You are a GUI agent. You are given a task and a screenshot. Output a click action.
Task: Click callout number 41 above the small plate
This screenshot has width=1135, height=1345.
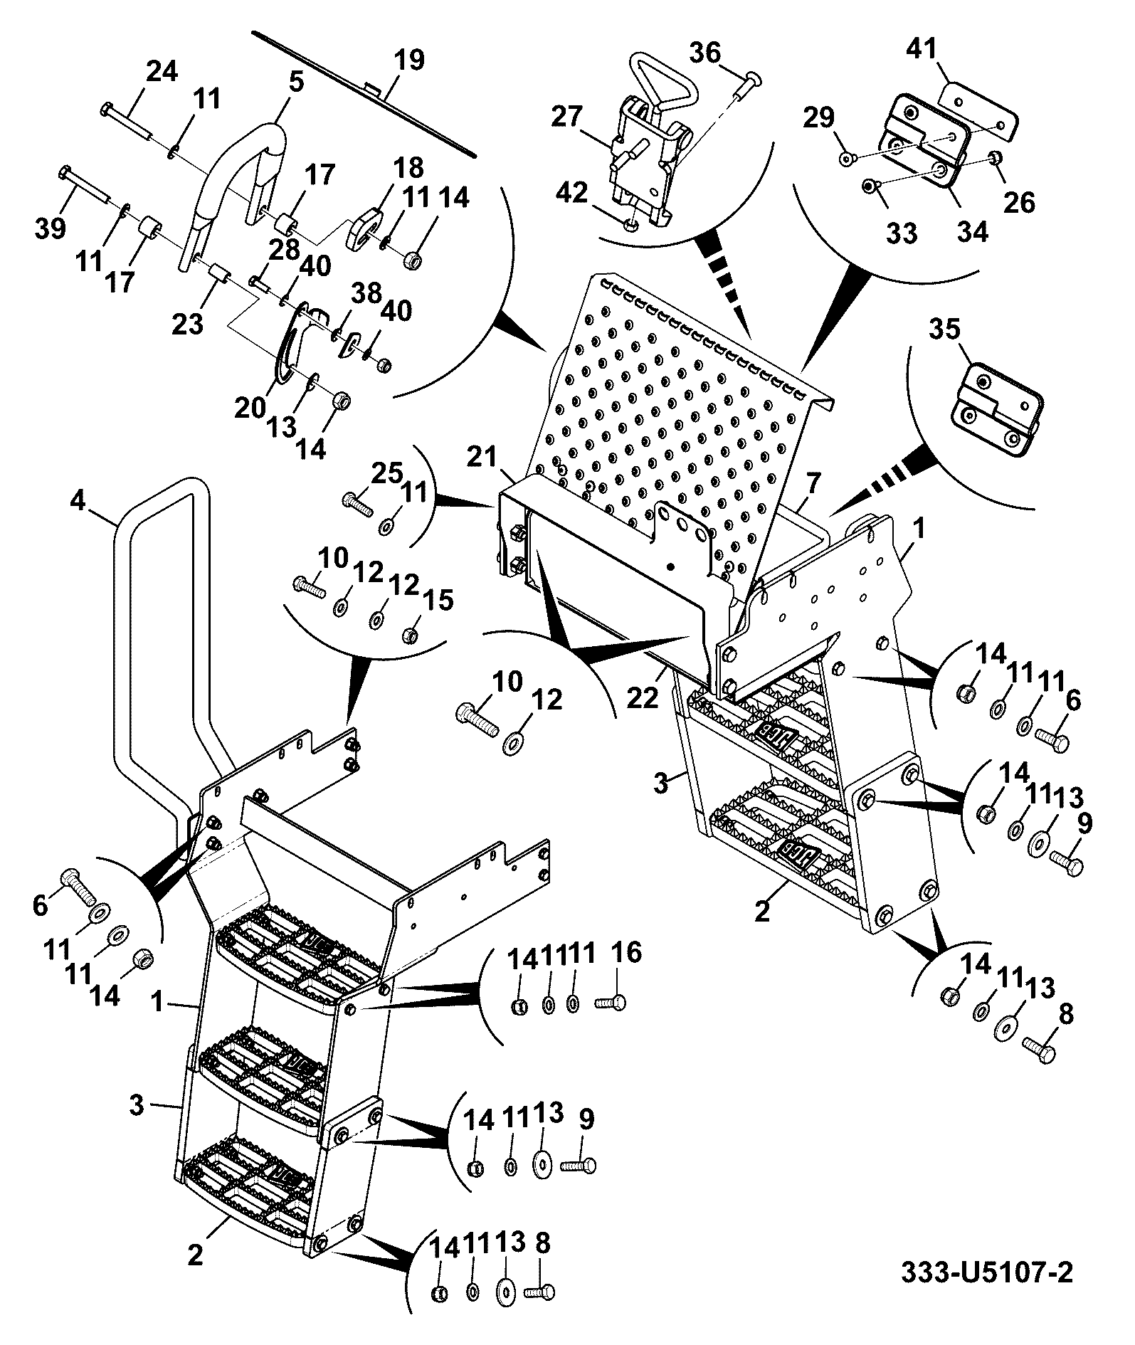pyautogui.click(x=922, y=50)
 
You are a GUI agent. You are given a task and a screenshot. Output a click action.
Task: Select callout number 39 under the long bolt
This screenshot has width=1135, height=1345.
pyautogui.click(x=50, y=229)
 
